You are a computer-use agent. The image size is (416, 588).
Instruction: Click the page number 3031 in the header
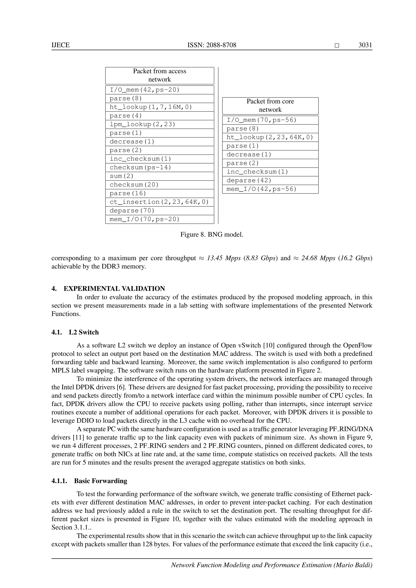tap(365, 45)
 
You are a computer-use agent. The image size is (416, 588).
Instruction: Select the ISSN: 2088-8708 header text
tap(212, 45)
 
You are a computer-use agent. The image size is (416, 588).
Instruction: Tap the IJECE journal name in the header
tap(61, 45)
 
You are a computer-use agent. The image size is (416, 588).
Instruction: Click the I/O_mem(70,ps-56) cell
tap(270, 120)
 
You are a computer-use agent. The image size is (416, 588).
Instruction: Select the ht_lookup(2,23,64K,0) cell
tap(270, 137)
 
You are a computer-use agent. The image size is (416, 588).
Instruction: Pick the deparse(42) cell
tap(270, 181)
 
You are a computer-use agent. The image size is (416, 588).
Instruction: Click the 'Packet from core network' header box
tap(270, 106)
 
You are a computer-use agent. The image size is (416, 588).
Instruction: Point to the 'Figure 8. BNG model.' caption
tap(212, 235)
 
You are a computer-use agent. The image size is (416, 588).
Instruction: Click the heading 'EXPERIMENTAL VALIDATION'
tap(114, 289)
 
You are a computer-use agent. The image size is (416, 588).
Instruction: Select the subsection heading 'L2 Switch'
tap(83, 332)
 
